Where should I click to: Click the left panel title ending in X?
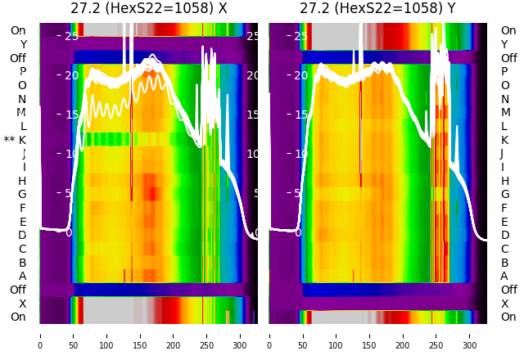(148, 9)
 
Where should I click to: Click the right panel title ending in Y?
(377, 9)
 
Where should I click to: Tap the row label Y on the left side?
(23, 44)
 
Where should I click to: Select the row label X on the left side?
(23, 304)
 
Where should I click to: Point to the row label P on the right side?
(504, 72)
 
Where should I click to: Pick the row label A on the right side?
(504, 277)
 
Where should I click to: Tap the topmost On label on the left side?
(18, 30)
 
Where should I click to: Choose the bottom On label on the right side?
(508, 317)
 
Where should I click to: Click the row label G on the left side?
(22, 195)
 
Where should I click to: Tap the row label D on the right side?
(504, 236)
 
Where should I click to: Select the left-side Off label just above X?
(18, 290)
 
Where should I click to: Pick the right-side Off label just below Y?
(508, 58)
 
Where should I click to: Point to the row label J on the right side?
(502, 154)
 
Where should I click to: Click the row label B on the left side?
(23, 263)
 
